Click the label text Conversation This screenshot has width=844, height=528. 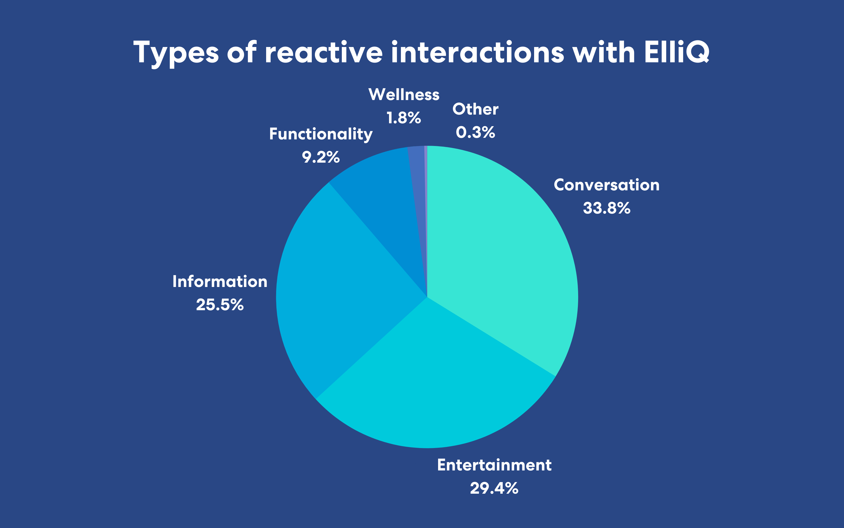pos(607,185)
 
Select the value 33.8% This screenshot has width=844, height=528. pos(607,208)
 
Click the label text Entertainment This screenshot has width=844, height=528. pos(494,465)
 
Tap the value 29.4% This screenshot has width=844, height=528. pos(494,488)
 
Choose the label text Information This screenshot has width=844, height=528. pos(220,281)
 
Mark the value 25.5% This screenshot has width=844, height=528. pos(220,305)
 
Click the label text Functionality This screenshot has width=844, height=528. pos(321,134)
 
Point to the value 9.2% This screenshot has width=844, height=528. pos(321,157)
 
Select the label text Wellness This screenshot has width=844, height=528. pos(404,95)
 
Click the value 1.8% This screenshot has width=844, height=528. pos(404,118)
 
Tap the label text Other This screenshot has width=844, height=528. pos(475,109)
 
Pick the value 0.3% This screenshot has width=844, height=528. pos(475,132)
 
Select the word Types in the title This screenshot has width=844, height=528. pos(176,53)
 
